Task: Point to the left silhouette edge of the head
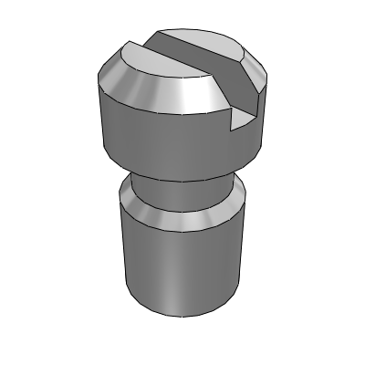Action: tap(99, 119)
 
